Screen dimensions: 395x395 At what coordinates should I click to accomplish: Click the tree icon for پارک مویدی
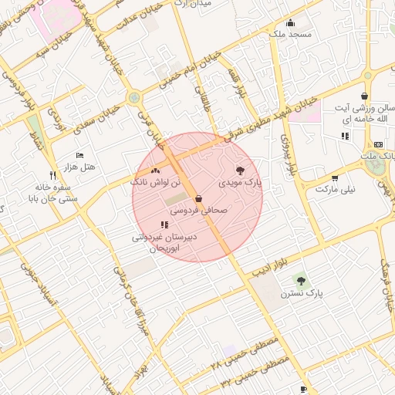[240, 170]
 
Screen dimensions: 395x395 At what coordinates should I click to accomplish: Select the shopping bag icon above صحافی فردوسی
[199, 198]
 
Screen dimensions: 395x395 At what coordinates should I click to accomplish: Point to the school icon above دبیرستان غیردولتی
[164, 225]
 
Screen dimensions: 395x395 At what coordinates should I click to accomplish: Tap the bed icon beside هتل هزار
[79, 156]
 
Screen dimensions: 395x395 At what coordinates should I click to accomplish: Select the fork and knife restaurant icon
[52, 175]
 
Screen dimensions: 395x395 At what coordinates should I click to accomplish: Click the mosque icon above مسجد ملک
[290, 22]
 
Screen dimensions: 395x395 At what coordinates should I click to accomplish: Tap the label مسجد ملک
[290, 35]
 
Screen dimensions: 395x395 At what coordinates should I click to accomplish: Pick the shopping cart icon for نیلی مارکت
[334, 178]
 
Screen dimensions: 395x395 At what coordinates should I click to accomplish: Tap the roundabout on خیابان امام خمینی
[135, 98]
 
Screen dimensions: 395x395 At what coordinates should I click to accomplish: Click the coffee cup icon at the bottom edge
[303, 389]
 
